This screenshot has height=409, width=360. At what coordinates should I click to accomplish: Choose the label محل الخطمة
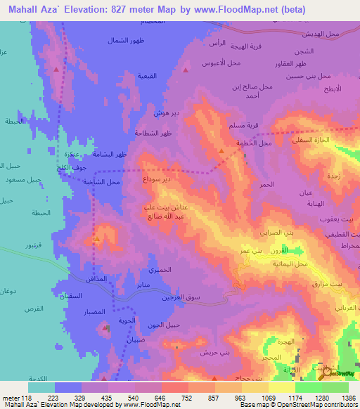tap(255, 143)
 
